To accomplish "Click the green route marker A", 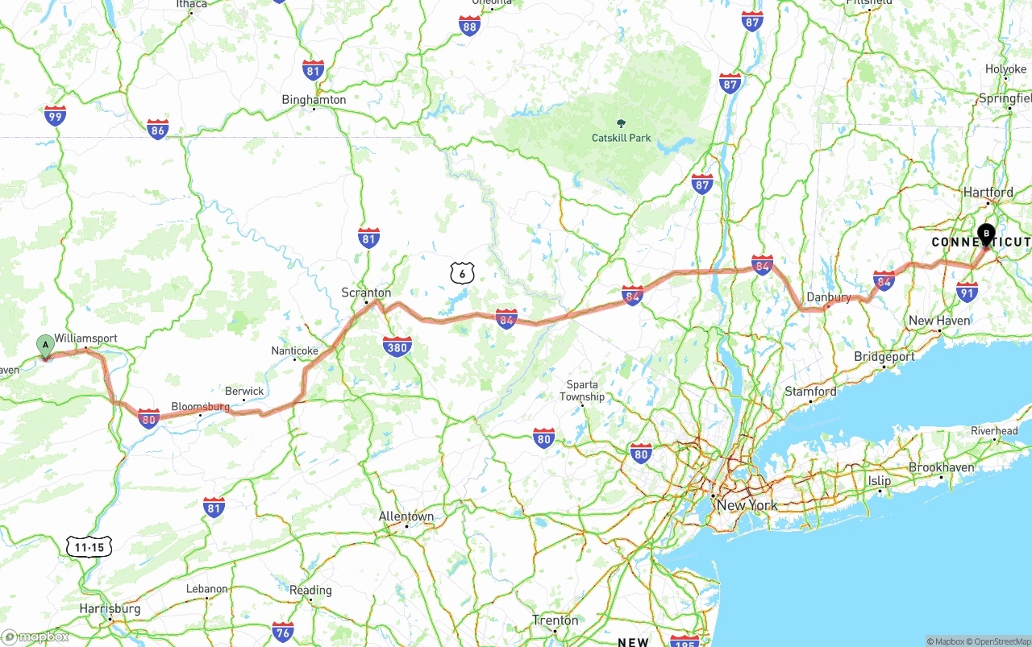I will [46, 346].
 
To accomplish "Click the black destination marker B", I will [986, 234].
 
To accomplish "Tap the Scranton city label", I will [366, 292].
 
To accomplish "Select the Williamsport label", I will [85, 338].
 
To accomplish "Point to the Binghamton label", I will [314, 100].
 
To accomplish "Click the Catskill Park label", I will [621, 138].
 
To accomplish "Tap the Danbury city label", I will [829, 297].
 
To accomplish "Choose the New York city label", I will [747, 505].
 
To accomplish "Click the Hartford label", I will [988, 193].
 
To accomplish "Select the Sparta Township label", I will [582, 391].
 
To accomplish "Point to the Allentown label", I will [406, 516].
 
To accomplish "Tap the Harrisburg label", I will [110, 608].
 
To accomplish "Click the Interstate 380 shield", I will [397, 346].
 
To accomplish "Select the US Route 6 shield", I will [462, 273].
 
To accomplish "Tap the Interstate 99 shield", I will [55, 117].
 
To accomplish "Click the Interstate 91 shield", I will [967, 292].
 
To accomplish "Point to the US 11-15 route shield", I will [89, 548].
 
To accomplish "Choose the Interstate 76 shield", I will [282, 632].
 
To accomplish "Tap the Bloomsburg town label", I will [200, 408].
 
